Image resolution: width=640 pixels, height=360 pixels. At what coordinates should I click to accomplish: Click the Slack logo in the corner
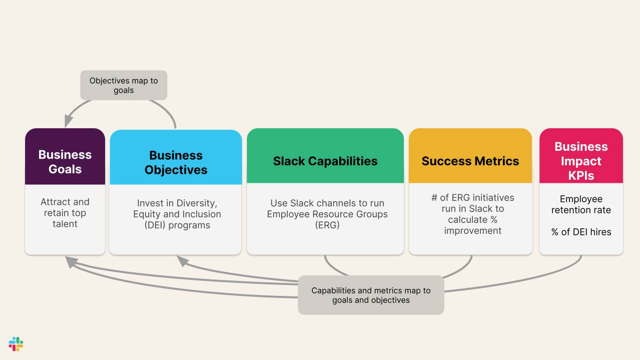pyautogui.click(x=16, y=344)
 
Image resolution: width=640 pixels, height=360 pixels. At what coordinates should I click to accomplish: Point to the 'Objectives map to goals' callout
pyautogui.click(x=124, y=85)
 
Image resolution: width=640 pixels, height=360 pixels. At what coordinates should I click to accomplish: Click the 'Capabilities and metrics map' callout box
pyautogui.click(x=371, y=295)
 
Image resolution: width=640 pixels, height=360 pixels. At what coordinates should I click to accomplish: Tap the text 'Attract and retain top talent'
pyautogui.click(x=65, y=213)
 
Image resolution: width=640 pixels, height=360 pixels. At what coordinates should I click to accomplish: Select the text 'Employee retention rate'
pyautogui.click(x=581, y=204)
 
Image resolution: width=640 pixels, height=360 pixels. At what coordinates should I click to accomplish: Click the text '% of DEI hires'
pyautogui.click(x=581, y=232)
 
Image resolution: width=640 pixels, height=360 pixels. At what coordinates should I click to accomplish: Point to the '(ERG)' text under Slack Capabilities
pyautogui.click(x=328, y=225)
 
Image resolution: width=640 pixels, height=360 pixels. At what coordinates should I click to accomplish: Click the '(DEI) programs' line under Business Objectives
pyautogui.click(x=177, y=225)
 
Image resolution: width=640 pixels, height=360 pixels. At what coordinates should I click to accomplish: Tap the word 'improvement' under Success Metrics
pyautogui.click(x=473, y=230)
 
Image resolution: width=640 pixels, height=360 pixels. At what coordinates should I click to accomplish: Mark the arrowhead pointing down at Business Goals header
pyautogui.click(x=69, y=122)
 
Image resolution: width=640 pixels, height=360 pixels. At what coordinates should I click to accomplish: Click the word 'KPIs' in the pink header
pyautogui.click(x=581, y=175)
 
